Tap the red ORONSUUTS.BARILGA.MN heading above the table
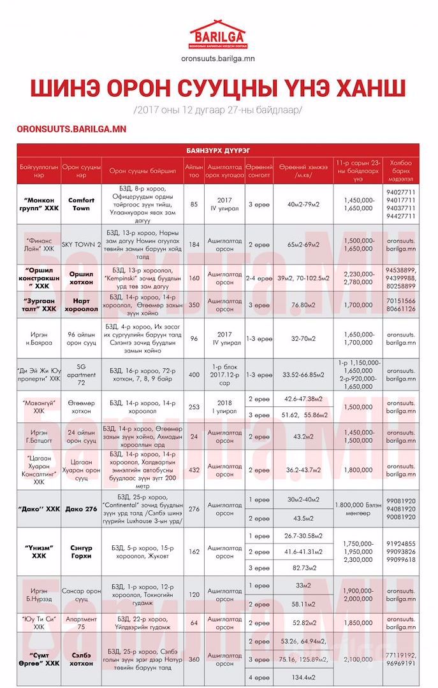point(71,129)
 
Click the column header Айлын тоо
point(194,171)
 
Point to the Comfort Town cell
point(81,204)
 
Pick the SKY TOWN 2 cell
point(81,244)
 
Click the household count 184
point(194,244)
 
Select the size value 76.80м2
point(303,305)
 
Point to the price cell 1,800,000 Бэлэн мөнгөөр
point(356,509)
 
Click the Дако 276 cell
point(81,509)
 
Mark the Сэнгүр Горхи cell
point(81,552)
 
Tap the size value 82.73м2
point(303,568)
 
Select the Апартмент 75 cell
point(81,622)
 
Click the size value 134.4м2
point(303,677)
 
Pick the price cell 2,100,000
point(356,659)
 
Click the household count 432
point(194,469)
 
